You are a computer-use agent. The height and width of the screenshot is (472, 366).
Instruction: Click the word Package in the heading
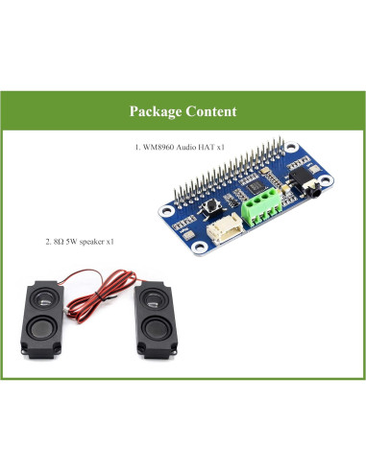pos(158,111)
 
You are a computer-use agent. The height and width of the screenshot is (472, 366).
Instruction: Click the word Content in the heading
pos(210,111)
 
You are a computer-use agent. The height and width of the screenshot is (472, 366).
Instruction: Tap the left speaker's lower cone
pos(46,337)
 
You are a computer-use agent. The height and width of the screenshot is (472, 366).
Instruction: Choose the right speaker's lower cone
pos(155,337)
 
